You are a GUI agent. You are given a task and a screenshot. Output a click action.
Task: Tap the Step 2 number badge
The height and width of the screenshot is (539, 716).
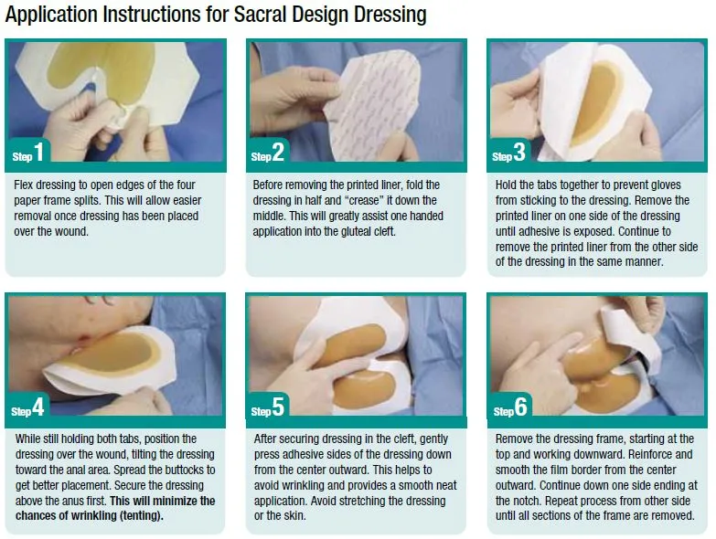tap(270, 153)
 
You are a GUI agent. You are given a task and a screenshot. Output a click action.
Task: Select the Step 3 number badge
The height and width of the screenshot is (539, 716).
tap(510, 153)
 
